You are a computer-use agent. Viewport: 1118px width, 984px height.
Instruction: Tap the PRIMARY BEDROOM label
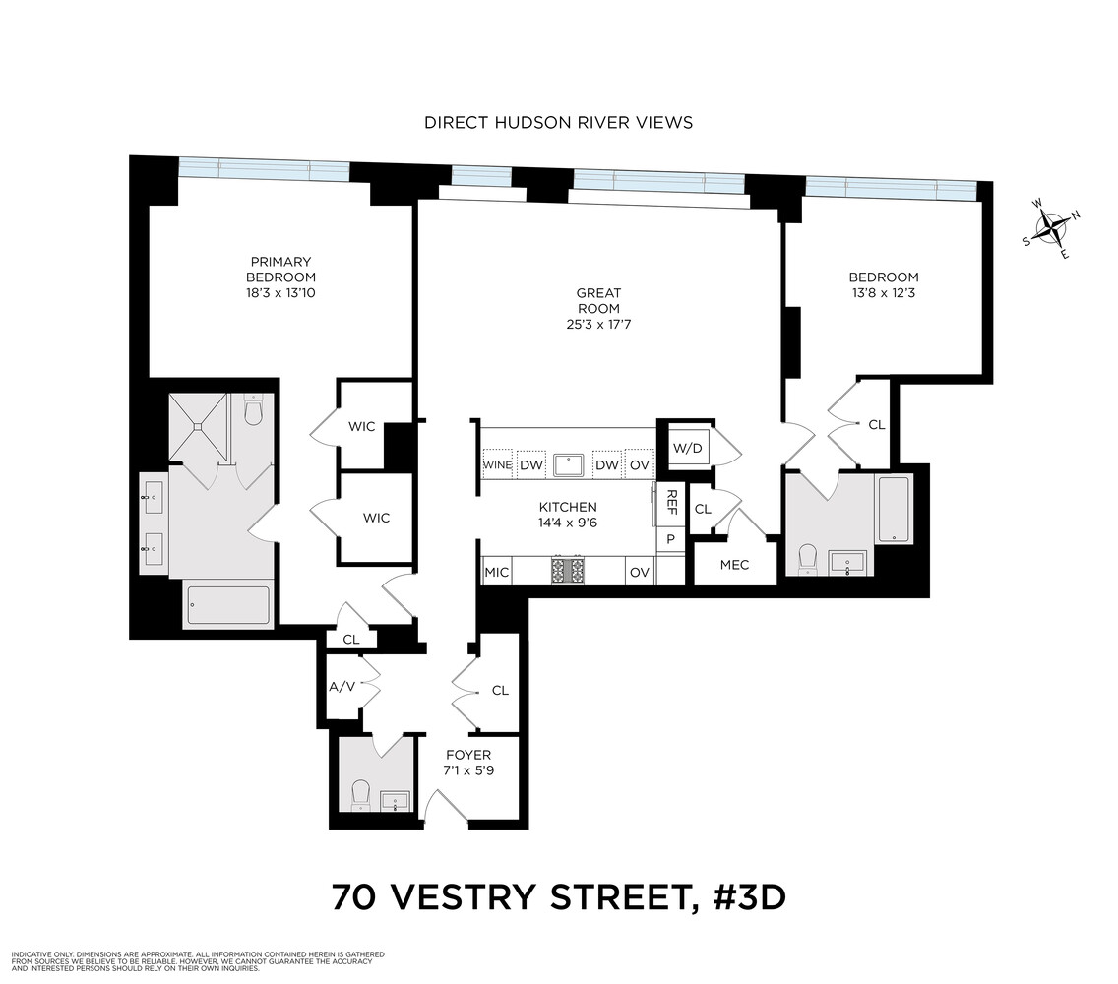click(280, 270)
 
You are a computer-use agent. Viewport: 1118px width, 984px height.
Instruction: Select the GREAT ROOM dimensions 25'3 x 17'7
click(598, 324)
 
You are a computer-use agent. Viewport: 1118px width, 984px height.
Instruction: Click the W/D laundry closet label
click(686, 448)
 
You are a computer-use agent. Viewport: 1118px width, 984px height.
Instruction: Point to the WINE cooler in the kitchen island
click(497, 464)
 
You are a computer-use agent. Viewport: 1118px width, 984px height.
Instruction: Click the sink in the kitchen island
click(568, 464)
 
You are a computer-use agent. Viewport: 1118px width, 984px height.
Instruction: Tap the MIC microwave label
click(497, 572)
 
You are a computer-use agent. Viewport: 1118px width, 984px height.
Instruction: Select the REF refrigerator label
click(671, 502)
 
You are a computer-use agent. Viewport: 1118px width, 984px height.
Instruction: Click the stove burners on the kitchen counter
click(567, 571)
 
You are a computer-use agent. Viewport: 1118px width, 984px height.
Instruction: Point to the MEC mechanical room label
click(734, 565)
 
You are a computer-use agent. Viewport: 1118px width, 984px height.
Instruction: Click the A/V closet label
click(342, 686)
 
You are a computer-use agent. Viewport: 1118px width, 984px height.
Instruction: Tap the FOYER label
click(468, 755)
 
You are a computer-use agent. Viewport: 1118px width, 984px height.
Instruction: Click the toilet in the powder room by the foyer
click(360, 793)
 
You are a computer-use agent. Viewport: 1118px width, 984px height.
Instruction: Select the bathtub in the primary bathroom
click(226, 605)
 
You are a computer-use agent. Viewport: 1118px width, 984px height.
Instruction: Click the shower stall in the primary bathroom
click(199, 427)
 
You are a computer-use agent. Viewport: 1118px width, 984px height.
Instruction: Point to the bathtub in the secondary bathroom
click(894, 509)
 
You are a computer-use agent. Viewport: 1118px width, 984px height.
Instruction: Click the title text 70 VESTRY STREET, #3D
click(558, 898)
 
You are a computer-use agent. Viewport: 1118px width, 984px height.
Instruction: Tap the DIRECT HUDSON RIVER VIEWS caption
click(558, 122)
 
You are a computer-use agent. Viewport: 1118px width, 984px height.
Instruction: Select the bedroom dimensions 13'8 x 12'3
click(886, 293)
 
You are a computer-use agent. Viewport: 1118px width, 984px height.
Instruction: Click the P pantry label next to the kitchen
click(670, 539)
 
